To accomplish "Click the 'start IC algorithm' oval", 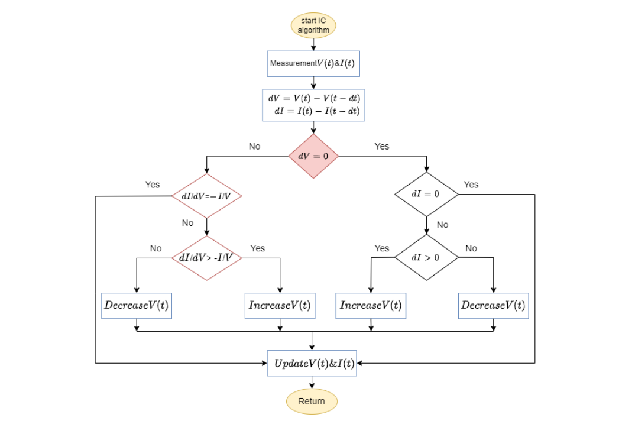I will (313, 26).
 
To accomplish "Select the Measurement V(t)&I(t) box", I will (313, 63).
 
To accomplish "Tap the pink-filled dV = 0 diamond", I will (313, 156).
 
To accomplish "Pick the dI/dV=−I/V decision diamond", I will (206, 196).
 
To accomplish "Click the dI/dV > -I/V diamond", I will (206, 257).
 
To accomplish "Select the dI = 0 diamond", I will (426, 194).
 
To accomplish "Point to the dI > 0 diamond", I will (426, 257).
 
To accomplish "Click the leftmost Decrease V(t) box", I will (137, 305).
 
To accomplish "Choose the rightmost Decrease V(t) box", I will (493, 305).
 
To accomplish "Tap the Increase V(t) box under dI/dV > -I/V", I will (280, 305).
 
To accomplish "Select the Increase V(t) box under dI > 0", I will (371, 305).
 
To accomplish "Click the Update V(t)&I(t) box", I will (312, 364).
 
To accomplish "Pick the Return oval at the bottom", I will (312, 401).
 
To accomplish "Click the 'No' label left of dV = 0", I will (254, 146).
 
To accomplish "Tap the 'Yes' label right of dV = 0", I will (382, 146).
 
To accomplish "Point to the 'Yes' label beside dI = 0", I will (471, 185).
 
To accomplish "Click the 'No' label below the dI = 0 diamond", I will (442, 225).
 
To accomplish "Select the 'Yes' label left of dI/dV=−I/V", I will (153, 185).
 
